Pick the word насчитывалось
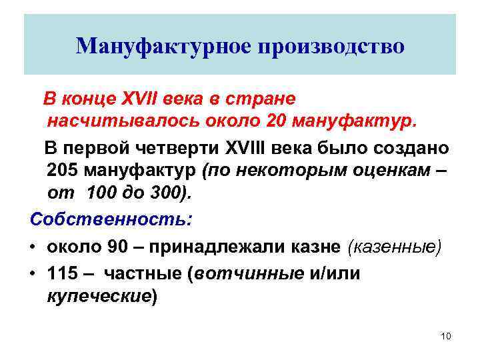[x=115, y=123]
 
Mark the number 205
[x=64, y=171]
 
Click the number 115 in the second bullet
[x=63, y=273]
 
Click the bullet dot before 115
[x=32, y=274]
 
